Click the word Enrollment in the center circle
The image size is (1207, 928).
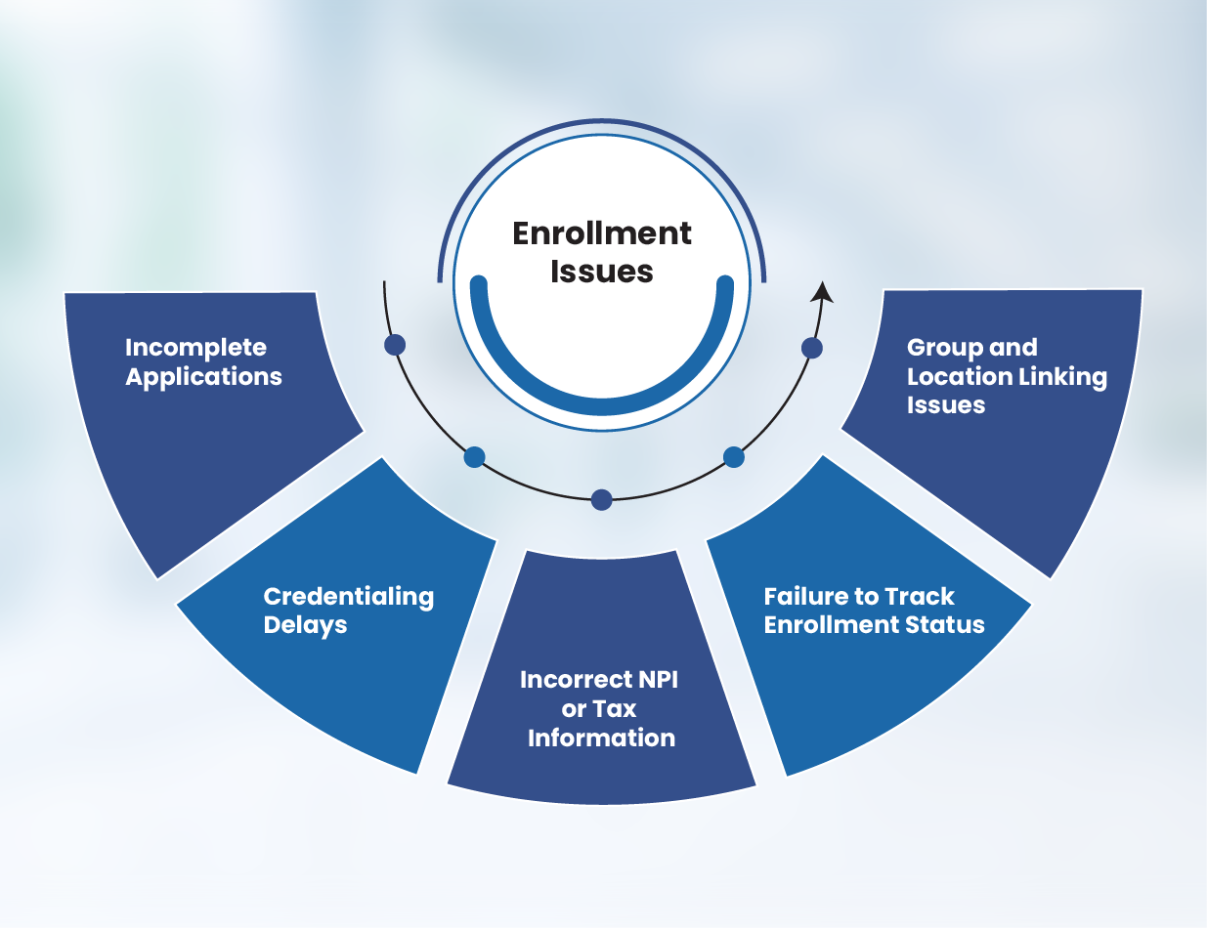tap(602, 233)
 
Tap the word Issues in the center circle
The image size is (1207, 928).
tap(602, 271)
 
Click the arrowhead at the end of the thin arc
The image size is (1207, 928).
tap(823, 291)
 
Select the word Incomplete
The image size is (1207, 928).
tap(195, 348)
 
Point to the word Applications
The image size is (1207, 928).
tap(203, 377)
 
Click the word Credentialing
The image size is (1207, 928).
tap(348, 596)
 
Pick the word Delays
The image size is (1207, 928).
tap(305, 625)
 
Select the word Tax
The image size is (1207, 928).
tap(615, 709)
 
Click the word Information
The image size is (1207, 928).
tap(601, 738)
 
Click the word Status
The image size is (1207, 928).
tap(945, 625)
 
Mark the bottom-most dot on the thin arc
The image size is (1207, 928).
tap(602, 500)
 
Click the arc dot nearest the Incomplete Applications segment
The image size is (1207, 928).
tap(395, 345)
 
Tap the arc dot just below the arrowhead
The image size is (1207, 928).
tap(811, 347)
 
